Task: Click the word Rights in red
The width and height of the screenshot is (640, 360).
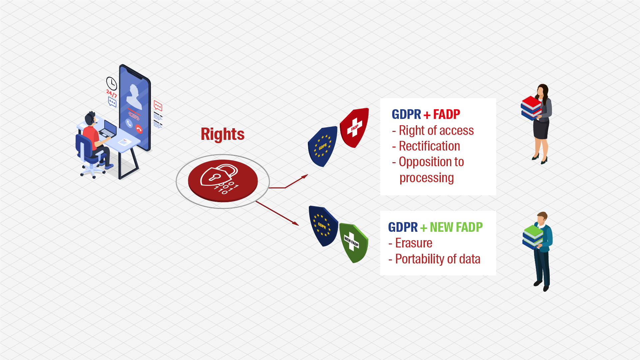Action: [x=222, y=134]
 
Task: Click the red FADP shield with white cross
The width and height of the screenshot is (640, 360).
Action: [x=355, y=128]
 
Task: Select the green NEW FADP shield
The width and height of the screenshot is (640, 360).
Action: [x=353, y=243]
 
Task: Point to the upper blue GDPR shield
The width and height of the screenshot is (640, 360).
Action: [x=322, y=146]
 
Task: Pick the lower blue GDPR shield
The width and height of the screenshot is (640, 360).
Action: [x=322, y=226]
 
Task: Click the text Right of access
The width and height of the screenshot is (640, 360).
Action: [x=436, y=131]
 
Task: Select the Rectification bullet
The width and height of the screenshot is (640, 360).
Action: [x=429, y=146]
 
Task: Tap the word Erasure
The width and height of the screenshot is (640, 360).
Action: [x=413, y=243]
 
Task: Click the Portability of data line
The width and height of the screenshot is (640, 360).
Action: [x=437, y=259]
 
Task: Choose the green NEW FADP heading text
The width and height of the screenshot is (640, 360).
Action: [x=456, y=227]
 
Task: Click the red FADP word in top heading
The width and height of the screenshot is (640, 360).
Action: [x=446, y=115]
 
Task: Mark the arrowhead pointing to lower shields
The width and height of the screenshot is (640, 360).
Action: [x=296, y=223]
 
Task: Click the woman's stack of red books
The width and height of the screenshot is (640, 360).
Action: [x=531, y=107]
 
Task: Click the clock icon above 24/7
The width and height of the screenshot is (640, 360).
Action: [x=112, y=83]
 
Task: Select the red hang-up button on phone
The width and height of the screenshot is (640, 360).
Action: [x=139, y=129]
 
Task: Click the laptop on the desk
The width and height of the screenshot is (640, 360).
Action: [x=109, y=129]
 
